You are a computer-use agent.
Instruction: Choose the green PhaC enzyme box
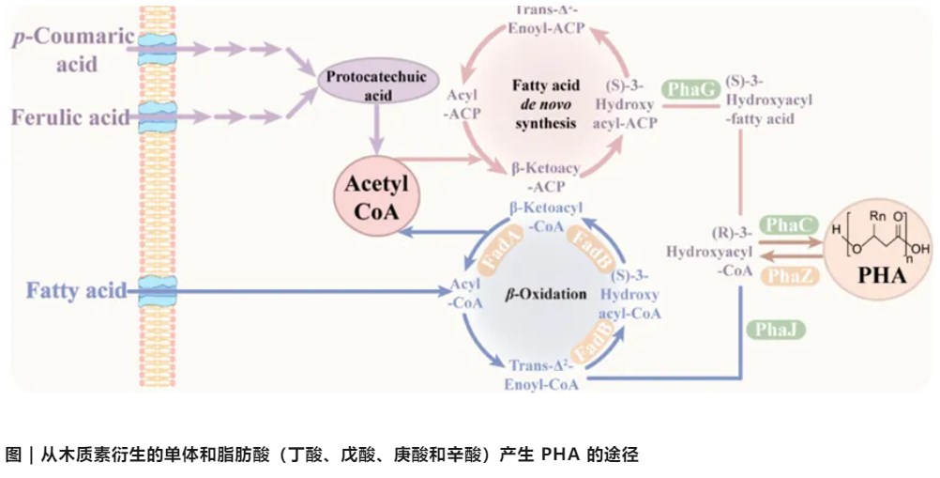[x=785, y=225]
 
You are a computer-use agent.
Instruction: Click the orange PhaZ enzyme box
[x=785, y=274]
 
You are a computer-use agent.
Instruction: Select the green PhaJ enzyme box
[x=771, y=329]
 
